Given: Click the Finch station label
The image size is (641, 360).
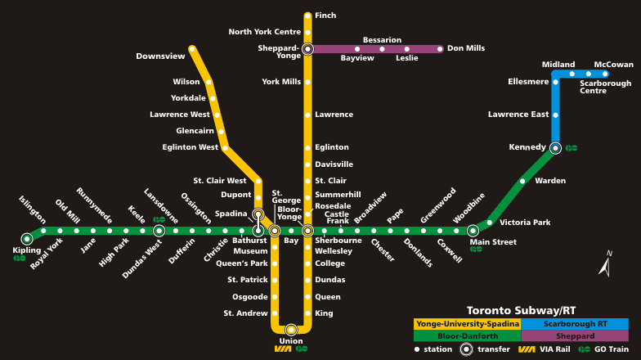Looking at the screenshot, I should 325,16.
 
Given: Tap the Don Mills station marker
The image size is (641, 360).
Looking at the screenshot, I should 440,49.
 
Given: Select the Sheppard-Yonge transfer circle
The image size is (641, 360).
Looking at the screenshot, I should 307,49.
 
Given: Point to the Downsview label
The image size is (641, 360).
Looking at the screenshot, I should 160,56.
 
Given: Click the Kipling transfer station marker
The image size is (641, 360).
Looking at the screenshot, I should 27,239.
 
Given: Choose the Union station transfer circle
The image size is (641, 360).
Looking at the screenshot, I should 291,330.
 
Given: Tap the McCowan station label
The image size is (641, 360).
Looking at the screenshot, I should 613,65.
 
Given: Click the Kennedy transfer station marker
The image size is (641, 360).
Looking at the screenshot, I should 556,148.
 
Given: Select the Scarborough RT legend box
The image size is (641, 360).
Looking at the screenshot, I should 574,324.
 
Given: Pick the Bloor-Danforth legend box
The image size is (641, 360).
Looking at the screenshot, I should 468,336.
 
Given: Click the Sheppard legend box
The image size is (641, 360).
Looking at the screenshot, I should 574,336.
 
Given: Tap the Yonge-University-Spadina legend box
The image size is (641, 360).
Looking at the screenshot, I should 468,324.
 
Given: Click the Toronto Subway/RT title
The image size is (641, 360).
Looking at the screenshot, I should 521,311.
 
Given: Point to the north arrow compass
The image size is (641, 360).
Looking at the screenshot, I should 606,264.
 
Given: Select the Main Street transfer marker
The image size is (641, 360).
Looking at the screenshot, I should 473,231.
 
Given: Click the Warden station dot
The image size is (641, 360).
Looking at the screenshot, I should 522,181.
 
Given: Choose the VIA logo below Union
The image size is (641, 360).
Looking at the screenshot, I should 283,349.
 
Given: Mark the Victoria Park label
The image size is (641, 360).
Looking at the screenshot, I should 525,223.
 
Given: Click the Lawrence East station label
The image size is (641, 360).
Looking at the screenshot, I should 518,115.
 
